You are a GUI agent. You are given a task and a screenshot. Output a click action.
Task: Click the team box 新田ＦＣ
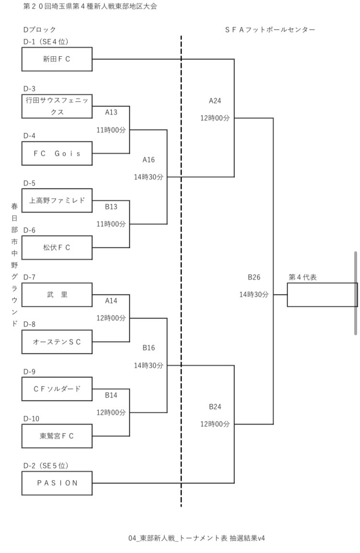pyautogui.click(x=57, y=59)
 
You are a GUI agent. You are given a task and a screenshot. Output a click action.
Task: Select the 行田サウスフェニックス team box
pyautogui.click(x=57, y=106)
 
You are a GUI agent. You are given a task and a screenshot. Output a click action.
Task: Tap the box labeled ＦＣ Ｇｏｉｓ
pyautogui.click(x=57, y=153)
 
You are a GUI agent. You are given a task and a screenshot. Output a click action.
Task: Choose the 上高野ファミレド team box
pyautogui.click(x=57, y=200)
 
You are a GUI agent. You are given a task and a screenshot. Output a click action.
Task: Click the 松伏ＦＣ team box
pyautogui.click(x=57, y=247)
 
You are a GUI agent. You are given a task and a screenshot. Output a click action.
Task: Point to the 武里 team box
pyautogui.click(x=57, y=294)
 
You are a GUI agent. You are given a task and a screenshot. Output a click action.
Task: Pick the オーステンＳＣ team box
pyautogui.click(x=57, y=342)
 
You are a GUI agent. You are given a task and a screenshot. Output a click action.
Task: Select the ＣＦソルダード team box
pyautogui.click(x=57, y=389)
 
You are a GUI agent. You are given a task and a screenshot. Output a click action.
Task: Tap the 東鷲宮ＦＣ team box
pyautogui.click(x=57, y=436)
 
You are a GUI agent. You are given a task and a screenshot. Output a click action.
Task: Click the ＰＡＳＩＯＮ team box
pyautogui.click(x=57, y=483)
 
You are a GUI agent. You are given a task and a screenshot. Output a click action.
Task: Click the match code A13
pyautogui.click(x=111, y=112)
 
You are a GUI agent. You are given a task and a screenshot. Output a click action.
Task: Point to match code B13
pyautogui.click(x=111, y=207)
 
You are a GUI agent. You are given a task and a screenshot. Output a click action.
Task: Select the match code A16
pyautogui.click(x=148, y=160)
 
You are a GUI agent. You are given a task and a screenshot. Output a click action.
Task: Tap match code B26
pyautogui.click(x=254, y=277)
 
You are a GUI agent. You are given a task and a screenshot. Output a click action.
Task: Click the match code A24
pyautogui.click(x=215, y=101)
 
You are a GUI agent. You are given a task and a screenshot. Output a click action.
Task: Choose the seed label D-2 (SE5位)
pyautogui.click(x=46, y=466)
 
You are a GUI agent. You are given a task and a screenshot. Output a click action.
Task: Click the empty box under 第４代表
pyautogui.click(x=322, y=294)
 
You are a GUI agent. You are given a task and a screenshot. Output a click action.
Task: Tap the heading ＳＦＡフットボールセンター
pyautogui.click(x=270, y=30)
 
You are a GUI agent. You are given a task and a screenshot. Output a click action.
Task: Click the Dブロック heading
pyautogui.click(x=39, y=30)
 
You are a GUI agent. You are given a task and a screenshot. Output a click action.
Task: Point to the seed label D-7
pyautogui.click(x=29, y=277)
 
